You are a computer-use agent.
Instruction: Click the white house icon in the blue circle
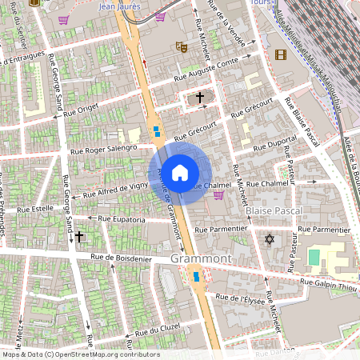[180, 172]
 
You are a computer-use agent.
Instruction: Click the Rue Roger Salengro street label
[104, 149]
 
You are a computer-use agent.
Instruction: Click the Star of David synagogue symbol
[269, 238]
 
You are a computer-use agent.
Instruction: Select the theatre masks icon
[182, 47]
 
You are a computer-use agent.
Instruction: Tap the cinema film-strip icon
[279, 54]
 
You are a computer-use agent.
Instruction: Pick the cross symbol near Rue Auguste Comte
[199, 98]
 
